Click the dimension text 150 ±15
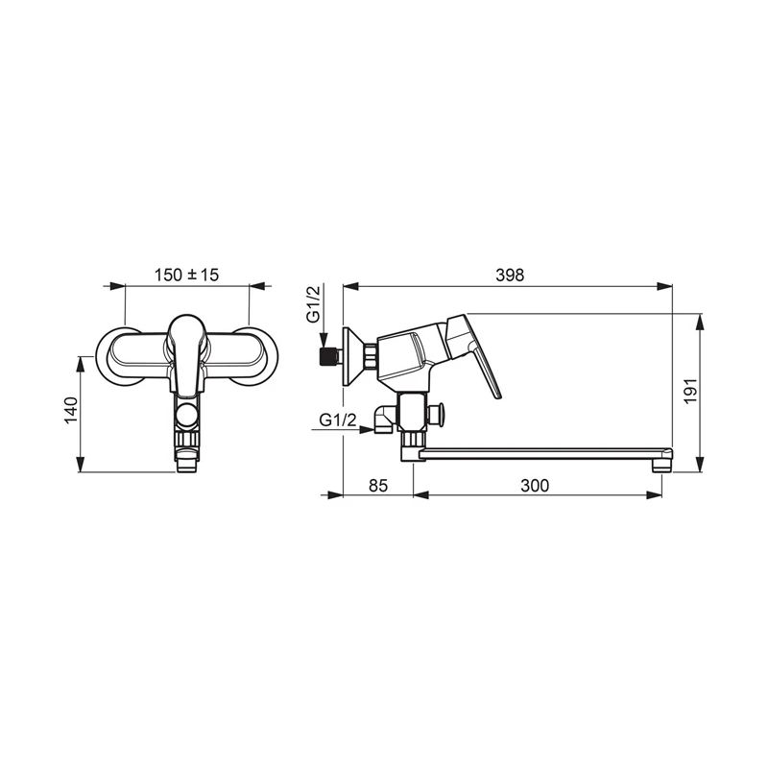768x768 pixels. (186, 275)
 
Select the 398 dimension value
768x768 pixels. (510, 276)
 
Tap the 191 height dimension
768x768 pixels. (690, 391)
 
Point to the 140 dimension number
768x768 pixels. (71, 411)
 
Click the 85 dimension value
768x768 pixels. (377, 486)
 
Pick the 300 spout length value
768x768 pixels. (535, 486)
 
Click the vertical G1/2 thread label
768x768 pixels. (313, 304)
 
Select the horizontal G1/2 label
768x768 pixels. (338, 420)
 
